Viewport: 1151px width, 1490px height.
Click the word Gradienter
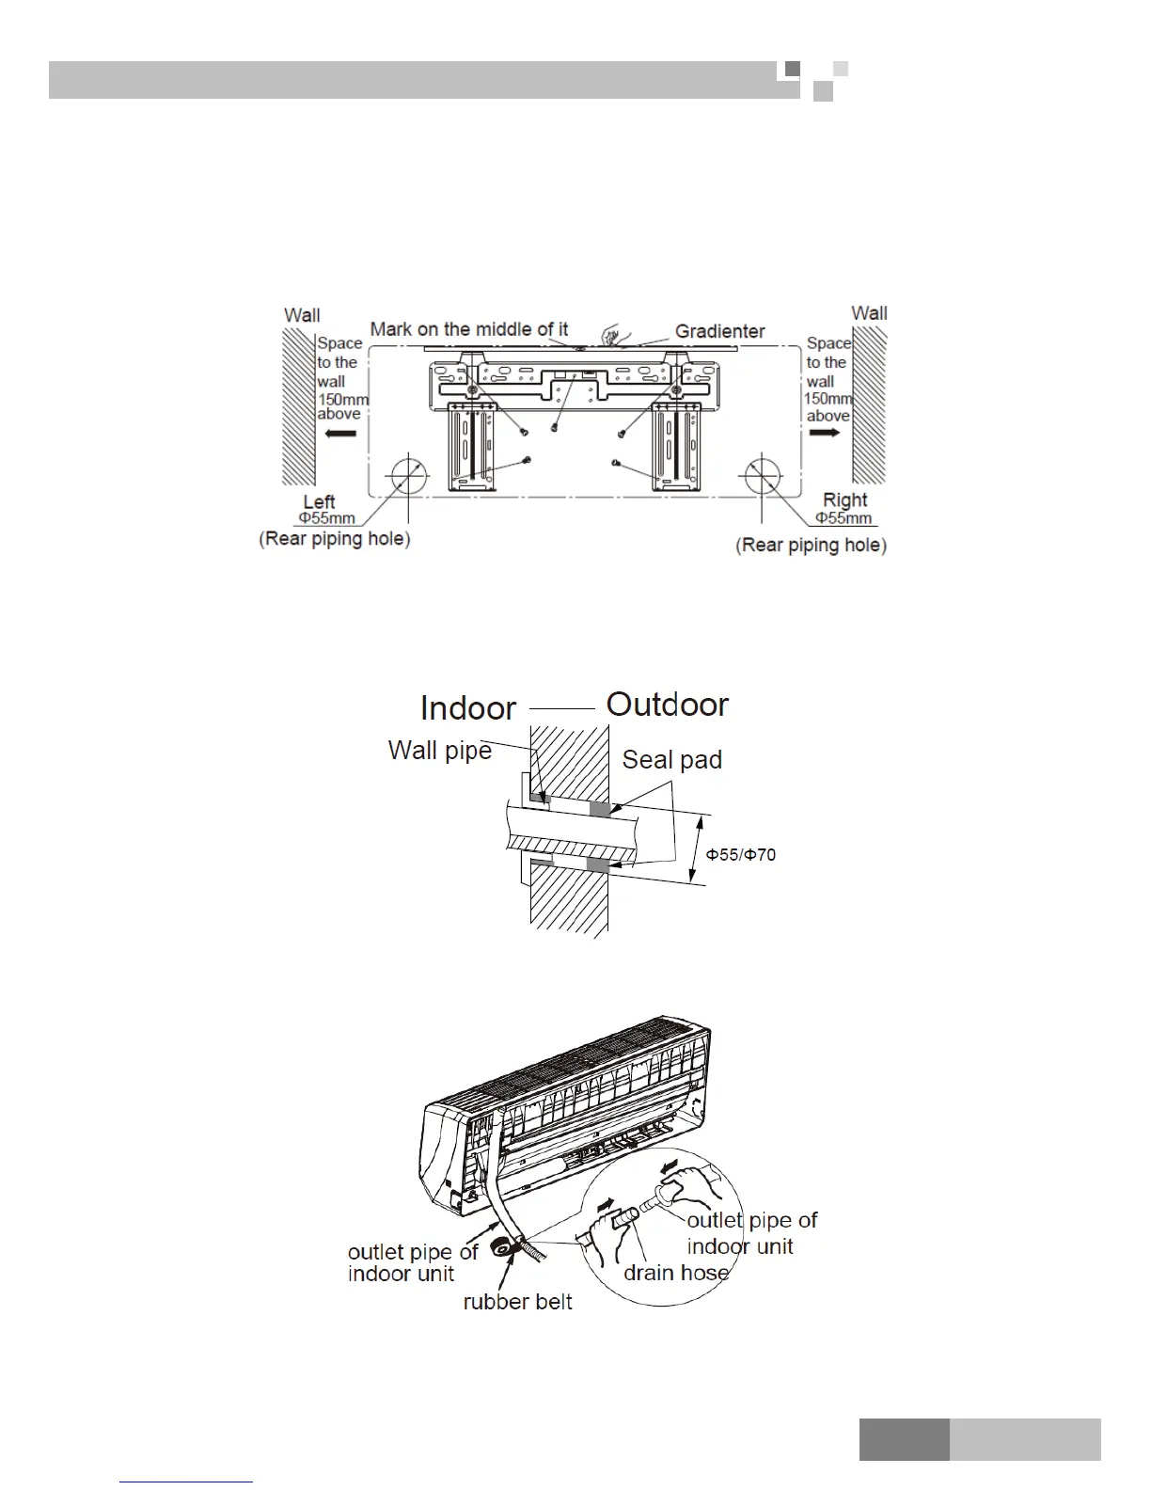(719, 331)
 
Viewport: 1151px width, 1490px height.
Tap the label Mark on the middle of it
(468, 329)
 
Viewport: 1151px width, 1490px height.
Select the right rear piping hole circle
(763, 477)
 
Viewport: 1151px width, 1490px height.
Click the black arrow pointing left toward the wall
(340, 434)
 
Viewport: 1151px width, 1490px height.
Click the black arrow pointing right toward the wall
(824, 433)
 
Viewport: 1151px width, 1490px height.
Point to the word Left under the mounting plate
(319, 501)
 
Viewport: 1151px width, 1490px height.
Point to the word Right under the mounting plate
(844, 500)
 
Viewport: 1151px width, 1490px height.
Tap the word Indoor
(467, 707)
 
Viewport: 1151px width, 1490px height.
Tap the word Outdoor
(667, 705)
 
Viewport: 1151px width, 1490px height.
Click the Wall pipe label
(439, 751)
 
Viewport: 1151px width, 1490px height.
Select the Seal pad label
(671, 760)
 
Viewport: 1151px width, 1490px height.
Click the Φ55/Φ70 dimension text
(741, 855)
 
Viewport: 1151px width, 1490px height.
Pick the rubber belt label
(517, 1302)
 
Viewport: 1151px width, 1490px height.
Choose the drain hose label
(676, 1273)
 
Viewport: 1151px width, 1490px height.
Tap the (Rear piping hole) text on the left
(335, 539)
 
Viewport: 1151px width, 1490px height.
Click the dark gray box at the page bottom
(904, 1440)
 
